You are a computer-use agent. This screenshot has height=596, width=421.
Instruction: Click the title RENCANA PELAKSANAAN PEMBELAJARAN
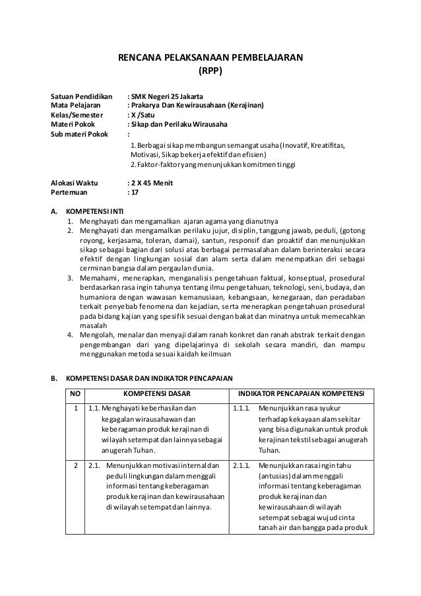[x=210, y=58]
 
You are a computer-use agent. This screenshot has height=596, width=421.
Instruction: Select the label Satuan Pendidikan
[x=82, y=96]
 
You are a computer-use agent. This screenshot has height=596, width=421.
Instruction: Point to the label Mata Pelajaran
[x=76, y=105]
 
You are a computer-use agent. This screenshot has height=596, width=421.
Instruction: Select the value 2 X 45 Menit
[x=152, y=182]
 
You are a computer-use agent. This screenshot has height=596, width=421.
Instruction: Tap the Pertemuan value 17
[x=135, y=192]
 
